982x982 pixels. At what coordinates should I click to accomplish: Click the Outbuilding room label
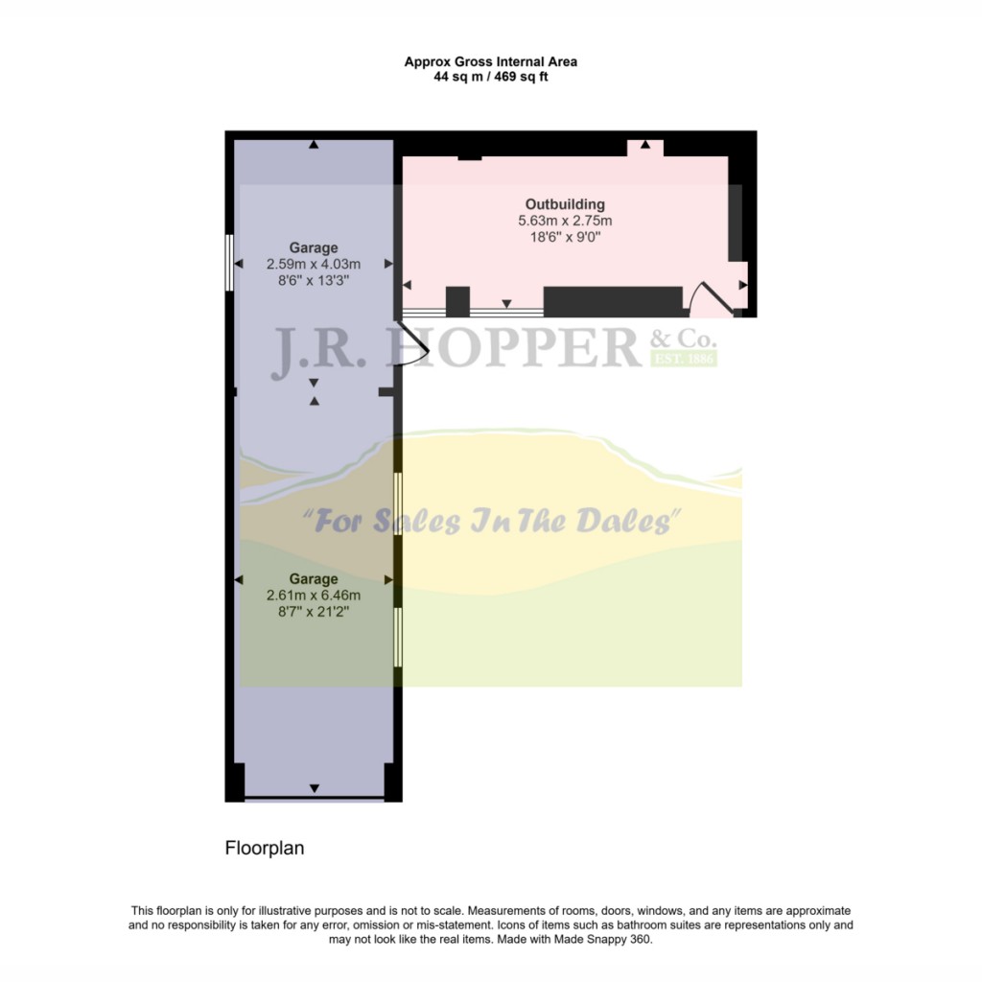[x=565, y=204]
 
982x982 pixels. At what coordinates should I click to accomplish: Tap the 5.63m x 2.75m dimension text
[x=565, y=222]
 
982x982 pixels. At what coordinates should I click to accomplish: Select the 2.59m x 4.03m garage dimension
[x=314, y=265]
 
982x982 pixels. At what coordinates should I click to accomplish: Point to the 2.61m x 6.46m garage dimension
[x=314, y=596]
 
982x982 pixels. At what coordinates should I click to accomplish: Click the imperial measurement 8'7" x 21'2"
[x=314, y=612]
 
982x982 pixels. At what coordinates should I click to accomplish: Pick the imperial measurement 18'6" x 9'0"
[x=565, y=238]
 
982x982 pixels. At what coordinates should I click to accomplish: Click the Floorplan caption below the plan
[x=264, y=848]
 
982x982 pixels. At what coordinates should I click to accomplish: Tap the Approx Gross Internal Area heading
[x=490, y=62]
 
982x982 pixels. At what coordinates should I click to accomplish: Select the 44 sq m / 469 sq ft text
[x=490, y=77]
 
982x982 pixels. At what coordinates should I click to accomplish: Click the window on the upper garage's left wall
[x=228, y=262]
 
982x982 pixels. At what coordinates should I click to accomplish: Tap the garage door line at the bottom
[x=314, y=798]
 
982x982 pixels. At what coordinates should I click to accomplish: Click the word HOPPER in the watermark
[x=512, y=348]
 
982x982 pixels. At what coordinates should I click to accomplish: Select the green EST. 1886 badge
[x=684, y=360]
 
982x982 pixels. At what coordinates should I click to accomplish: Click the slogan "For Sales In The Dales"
[x=491, y=522]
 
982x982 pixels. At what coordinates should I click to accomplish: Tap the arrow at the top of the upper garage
[x=314, y=145]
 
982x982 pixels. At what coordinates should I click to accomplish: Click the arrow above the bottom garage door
[x=314, y=788]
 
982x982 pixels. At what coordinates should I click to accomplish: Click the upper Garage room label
[x=314, y=248]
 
